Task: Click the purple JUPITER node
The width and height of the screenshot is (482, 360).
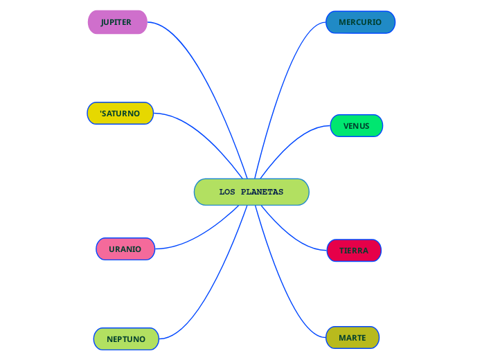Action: coord(117,22)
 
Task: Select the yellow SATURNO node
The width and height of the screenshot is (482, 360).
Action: coord(120,113)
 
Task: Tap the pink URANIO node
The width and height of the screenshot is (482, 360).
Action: coord(125,249)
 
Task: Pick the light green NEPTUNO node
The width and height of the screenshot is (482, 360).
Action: coord(126,339)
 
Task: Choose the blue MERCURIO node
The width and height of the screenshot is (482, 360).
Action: coord(360,22)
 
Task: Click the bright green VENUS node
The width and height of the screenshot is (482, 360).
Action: coord(357,126)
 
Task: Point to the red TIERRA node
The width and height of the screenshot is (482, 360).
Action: coord(354,250)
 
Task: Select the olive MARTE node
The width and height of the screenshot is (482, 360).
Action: coord(352,338)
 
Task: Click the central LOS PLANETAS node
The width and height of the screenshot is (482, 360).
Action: coord(251,192)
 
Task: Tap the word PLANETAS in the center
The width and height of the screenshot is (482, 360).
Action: coord(262,192)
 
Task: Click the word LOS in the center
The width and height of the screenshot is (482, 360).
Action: coord(227,192)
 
